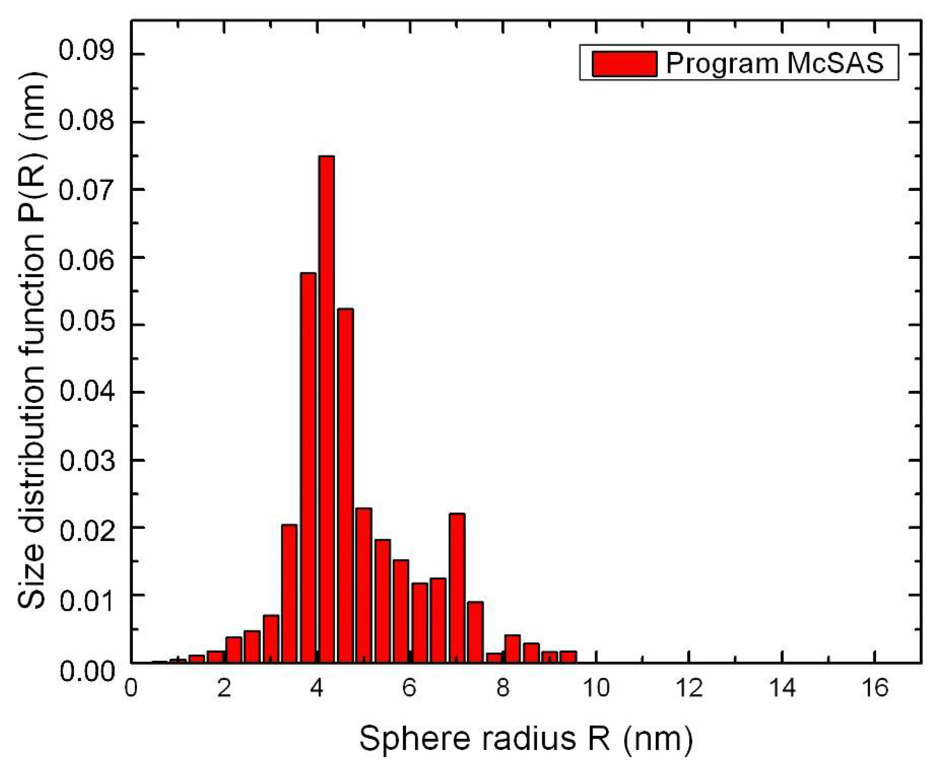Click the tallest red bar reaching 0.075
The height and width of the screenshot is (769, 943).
pyautogui.click(x=327, y=408)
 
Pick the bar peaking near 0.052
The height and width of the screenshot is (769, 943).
pyautogui.click(x=345, y=485)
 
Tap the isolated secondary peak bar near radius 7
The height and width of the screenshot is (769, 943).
pyautogui.click(x=457, y=587)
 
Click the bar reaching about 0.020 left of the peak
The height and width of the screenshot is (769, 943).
pyautogui.click(x=289, y=594)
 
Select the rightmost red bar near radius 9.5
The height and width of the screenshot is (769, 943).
pyautogui.click(x=568, y=657)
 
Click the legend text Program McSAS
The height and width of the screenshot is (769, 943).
pyautogui.click(x=775, y=63)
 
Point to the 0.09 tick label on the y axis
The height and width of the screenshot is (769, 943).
pyautogui.click(x=87, y=50)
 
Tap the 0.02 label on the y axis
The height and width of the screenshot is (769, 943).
pyautogui.click(x=87, y=527)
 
